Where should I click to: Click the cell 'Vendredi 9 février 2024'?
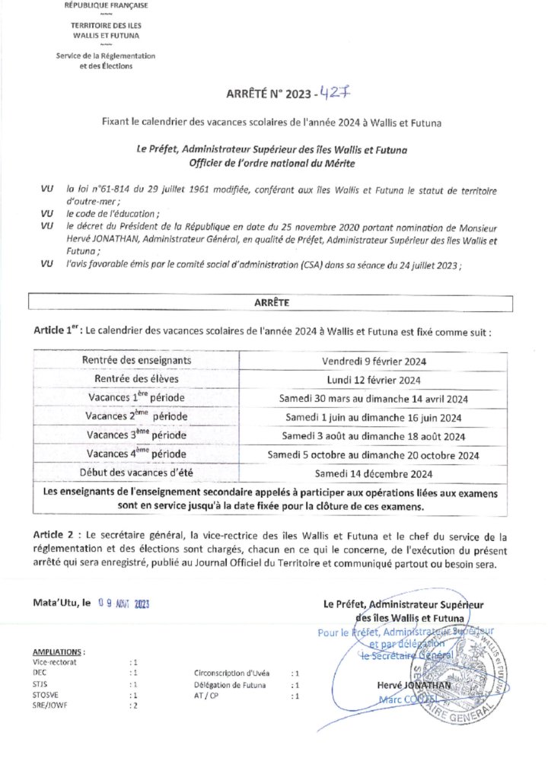pyautogui.click(x=373, y=360)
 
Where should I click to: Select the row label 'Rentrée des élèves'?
pyautogui.click(x=137, y=379)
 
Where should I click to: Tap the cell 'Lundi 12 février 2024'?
pyautogui.click(x=373, y=379)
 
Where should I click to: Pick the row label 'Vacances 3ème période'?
pyautogui.click(x=137, y=435)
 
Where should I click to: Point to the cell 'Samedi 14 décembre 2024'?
pyautogui.click(x=373, y=473)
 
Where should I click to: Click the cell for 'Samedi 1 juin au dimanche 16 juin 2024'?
pyautogui.click(x=373, y=417)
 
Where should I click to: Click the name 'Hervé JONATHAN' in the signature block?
pyautogui.click(x=403, y=685)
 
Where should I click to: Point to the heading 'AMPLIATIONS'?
pyautogui.click(x=59, y=652)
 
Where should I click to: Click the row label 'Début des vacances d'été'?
pyautogui.click(x=137, y=473)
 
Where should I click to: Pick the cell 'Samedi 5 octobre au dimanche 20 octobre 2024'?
pyautogui.click(x=373, y=454)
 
